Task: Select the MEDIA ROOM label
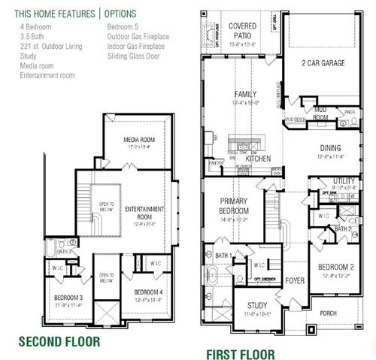(140, 140)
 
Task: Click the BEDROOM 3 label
(68, 298)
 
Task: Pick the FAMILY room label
(245, 94)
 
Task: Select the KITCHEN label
(258, 159)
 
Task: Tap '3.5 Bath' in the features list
(32, 36)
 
